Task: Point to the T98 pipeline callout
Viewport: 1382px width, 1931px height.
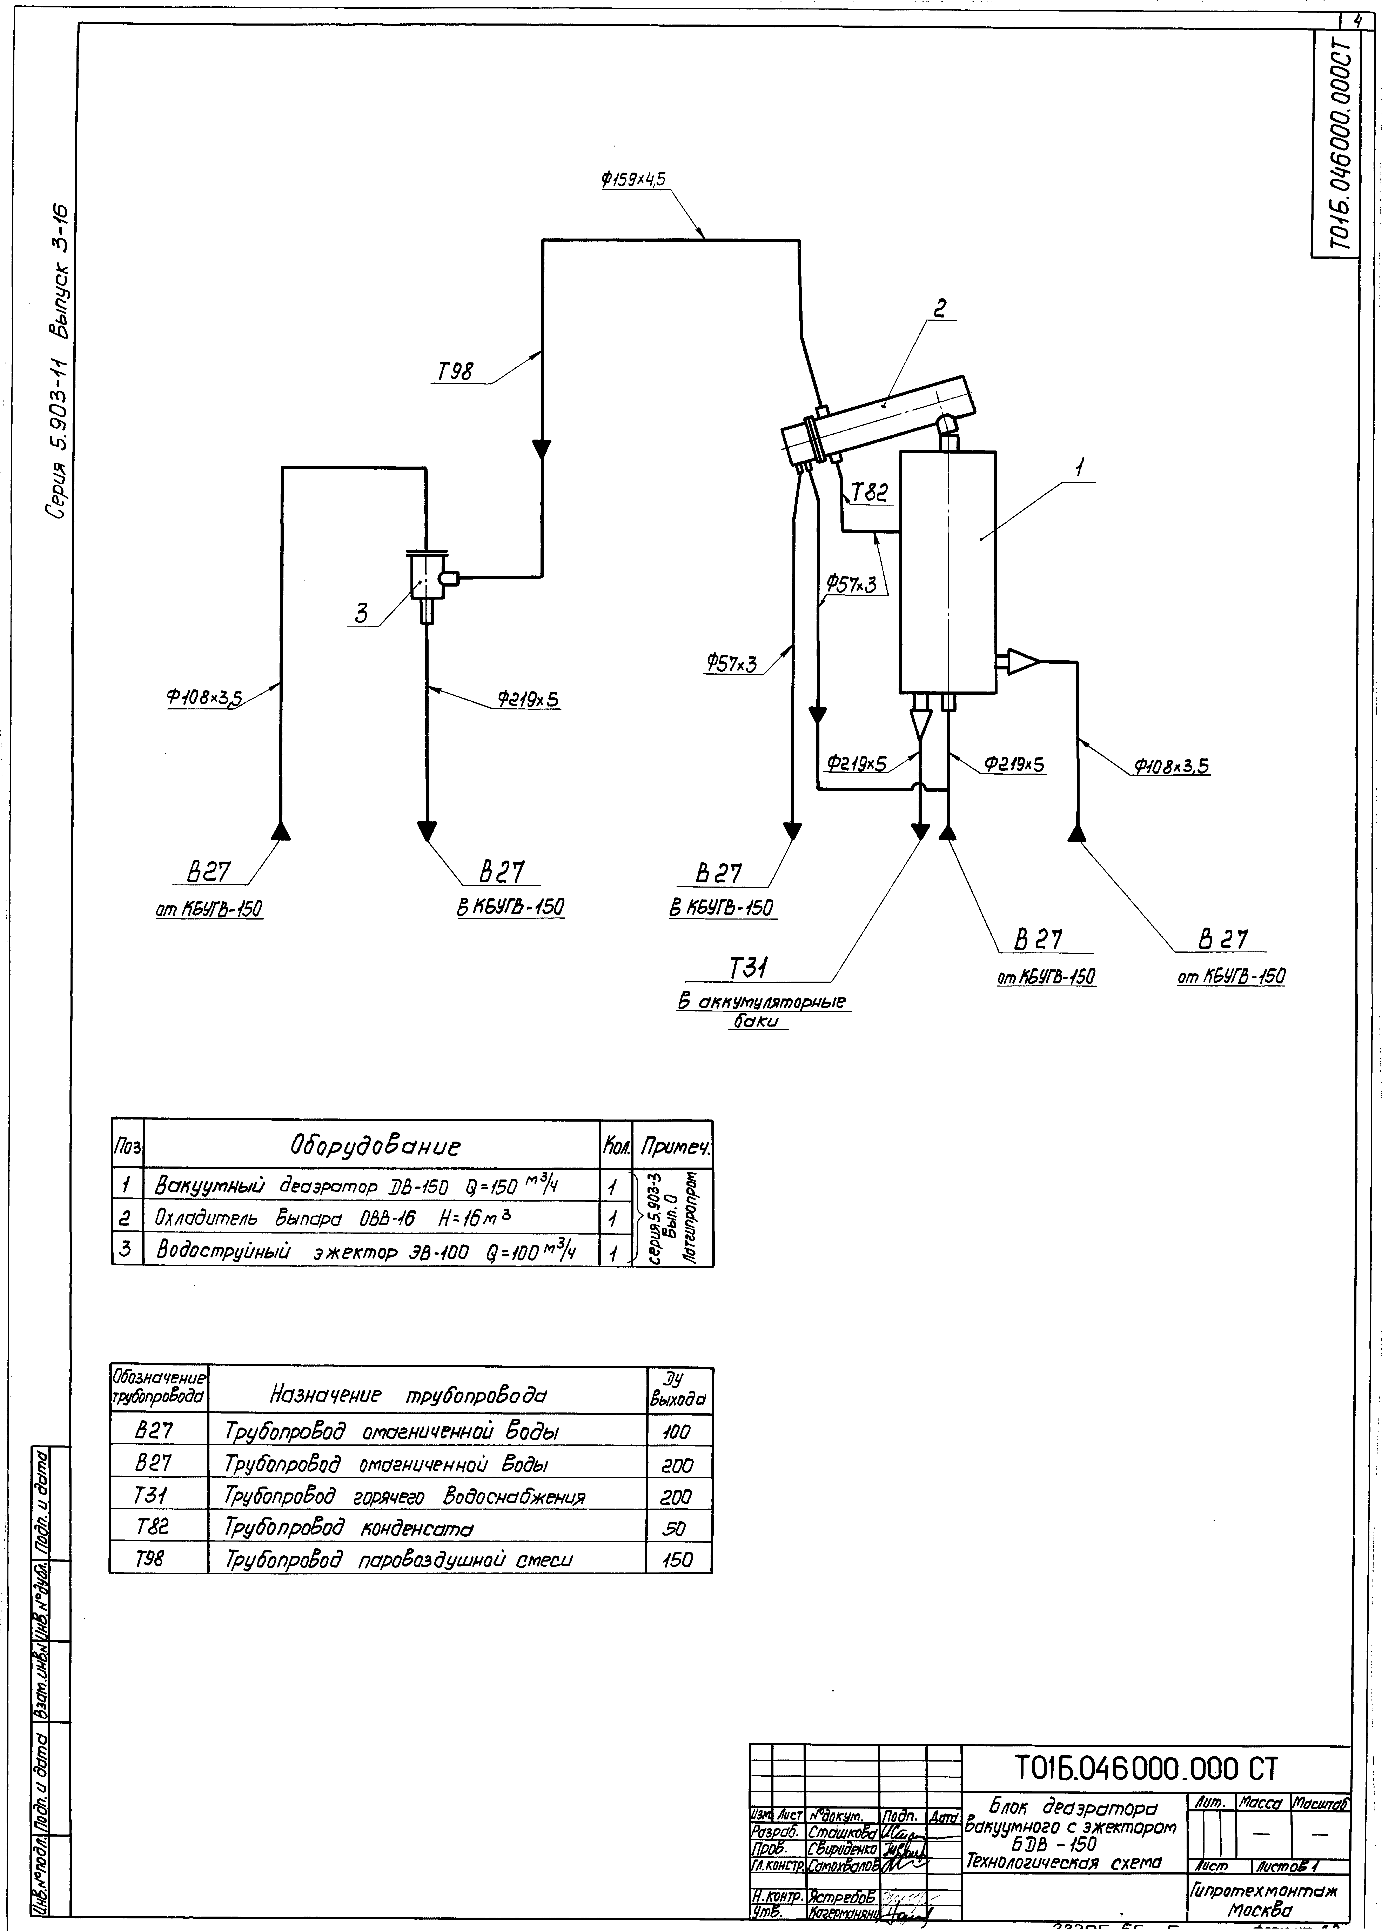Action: coord(456,372)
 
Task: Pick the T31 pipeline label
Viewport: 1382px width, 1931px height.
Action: coord(749,968)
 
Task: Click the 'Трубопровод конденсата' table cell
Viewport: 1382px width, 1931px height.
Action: coord(349,1528)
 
